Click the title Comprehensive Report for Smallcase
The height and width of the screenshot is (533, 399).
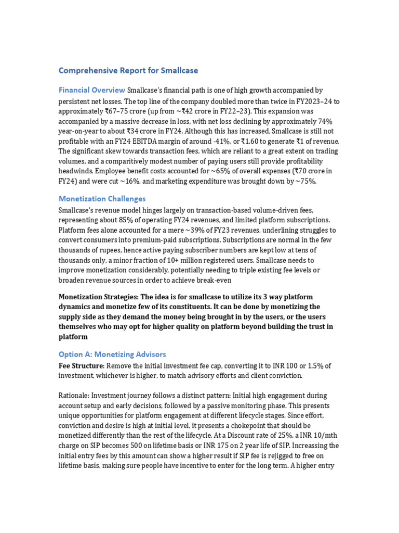128,70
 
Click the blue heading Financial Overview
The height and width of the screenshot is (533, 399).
91,90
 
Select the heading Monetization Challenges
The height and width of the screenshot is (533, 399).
102,199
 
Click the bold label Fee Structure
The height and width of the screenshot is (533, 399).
81,366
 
